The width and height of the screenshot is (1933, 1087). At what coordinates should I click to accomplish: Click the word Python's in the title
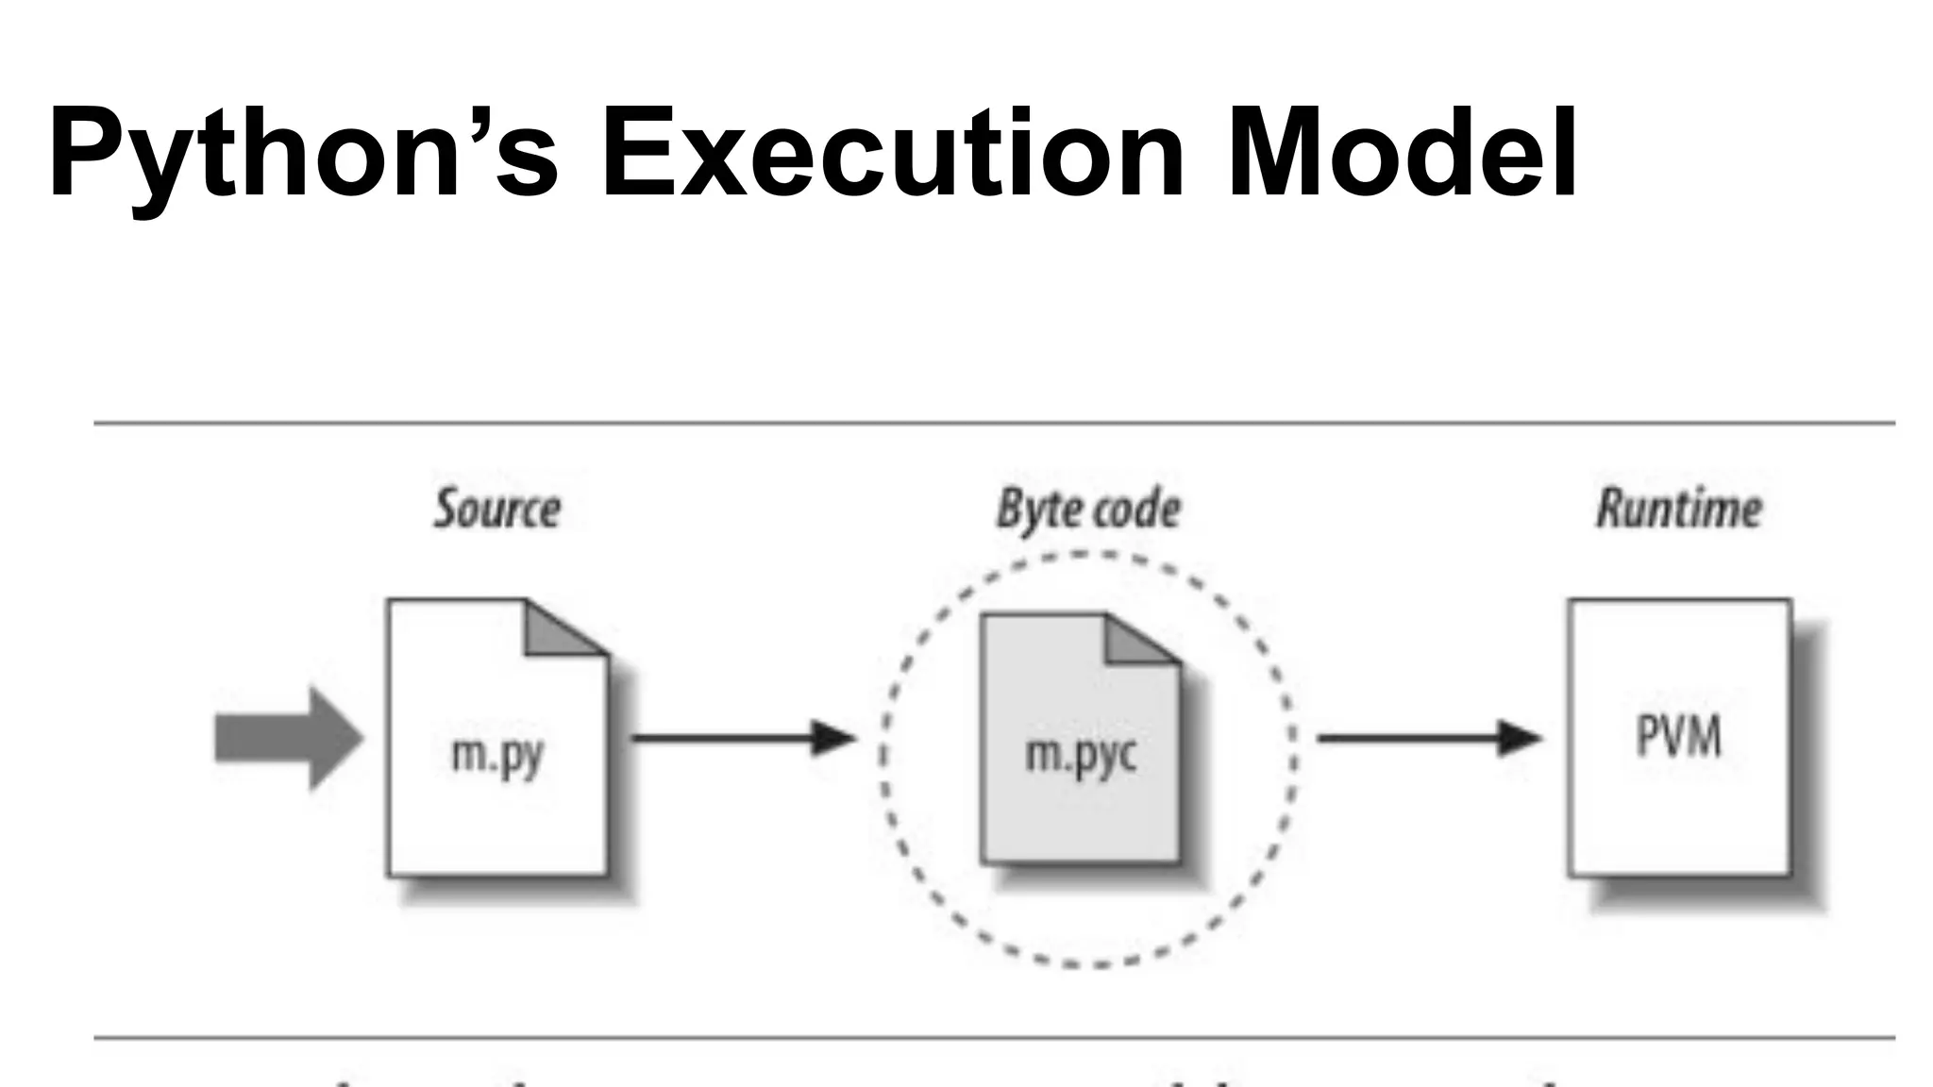pos(302,154)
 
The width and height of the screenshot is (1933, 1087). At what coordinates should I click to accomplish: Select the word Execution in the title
pos(892,154)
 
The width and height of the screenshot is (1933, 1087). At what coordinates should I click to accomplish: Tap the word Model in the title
pos(1401,154)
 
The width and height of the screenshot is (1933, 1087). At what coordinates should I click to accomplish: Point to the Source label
pos(497,510)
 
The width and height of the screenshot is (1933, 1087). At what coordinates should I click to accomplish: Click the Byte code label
pos(1088,510)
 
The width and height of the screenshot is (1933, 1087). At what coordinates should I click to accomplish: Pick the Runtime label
pos(1678,510)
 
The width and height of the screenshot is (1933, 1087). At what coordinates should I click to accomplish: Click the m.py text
pos(497,755)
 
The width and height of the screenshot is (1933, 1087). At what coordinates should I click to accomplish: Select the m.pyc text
pos(1081,755)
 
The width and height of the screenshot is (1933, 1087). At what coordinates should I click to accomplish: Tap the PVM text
pos(1678,737)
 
